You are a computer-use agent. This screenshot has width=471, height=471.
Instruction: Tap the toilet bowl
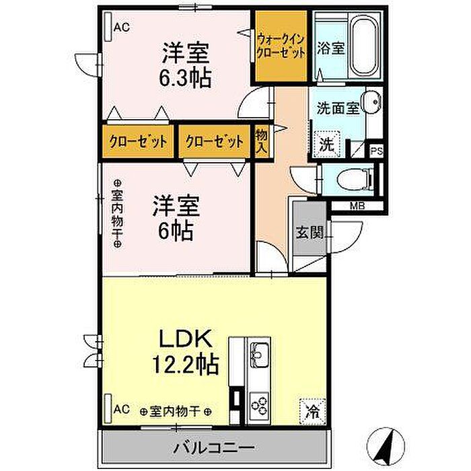(355, 180)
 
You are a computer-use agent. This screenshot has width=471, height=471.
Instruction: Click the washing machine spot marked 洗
(327, 145)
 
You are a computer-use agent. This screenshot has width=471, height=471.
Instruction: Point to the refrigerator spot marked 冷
(313, 411)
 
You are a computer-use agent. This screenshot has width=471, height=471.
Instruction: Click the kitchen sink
(260, 354)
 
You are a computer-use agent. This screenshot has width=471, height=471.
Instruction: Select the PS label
(377, 151)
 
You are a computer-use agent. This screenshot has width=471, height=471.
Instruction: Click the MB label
(357, 206)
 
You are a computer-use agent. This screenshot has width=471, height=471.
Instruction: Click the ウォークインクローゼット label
(281, 46)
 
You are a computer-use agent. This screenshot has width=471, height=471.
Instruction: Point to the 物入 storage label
(262, 141)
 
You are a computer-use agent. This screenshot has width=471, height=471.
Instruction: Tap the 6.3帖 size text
(185, 78)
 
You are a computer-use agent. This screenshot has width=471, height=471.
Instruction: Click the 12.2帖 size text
(186, 365)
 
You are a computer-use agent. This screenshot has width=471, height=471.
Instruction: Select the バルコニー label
(215, 448)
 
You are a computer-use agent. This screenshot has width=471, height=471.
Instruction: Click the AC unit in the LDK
(108, 409)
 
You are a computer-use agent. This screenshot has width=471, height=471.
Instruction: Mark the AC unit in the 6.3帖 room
(108, 26)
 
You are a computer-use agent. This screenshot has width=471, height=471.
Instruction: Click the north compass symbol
(386, 445)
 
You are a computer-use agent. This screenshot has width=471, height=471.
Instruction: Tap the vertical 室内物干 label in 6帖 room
(118, 213)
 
